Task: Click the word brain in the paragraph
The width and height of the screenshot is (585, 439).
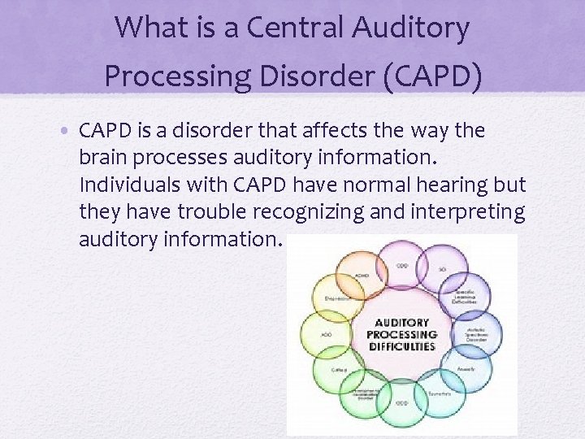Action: (x=104, y=158)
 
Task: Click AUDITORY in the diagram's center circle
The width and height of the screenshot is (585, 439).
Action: (x=401, y=324)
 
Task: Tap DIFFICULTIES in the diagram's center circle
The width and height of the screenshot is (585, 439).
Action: (x=401, y=346)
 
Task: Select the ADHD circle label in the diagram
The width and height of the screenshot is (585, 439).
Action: (x=362, y=275)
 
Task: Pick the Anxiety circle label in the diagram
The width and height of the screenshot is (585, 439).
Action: (x=466, y=369)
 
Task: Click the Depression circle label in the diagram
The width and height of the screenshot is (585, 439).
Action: (x=336, y=298)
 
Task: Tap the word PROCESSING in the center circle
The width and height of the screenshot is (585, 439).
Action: (x=401, y=335)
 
